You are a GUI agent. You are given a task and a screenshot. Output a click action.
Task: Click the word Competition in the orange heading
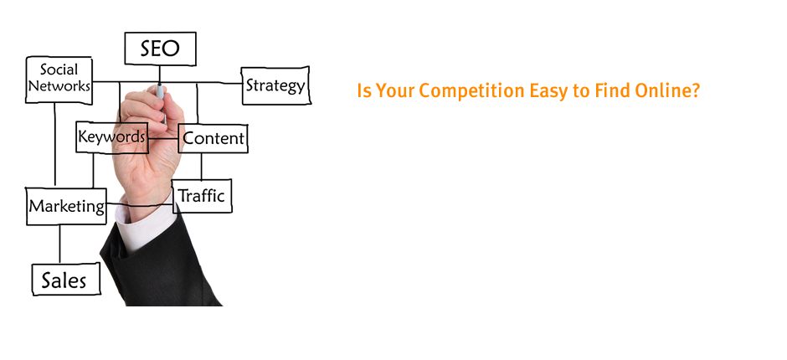click(472, 91)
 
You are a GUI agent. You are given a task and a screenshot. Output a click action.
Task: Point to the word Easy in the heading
click(548, 92)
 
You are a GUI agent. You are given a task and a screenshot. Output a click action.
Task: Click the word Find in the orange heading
click(611, 91)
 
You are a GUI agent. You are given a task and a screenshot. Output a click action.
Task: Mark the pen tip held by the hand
click(160, 84)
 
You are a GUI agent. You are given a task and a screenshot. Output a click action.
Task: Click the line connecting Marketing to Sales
click(59, 244)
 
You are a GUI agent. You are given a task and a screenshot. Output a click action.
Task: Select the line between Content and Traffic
click(202, 167)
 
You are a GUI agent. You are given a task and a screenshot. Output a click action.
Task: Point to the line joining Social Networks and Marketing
click(54, 146)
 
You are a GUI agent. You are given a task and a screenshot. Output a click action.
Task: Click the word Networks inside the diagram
click(59, 86)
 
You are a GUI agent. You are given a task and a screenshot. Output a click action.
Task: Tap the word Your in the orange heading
click(395, 91)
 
